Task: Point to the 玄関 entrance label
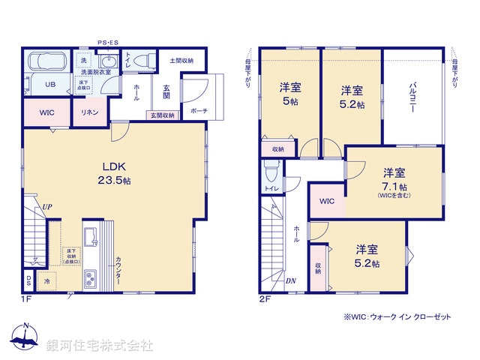coord(166,91)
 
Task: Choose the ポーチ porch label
coord(199,111)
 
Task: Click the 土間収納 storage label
coord(181,60)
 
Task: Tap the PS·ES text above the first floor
coord(106,43)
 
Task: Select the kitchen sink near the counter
coord(91,238)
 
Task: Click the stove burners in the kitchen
coord(91,278)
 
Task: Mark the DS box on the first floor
coord(28,281)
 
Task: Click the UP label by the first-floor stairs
coord(47,205)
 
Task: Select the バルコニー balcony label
coord(412,97)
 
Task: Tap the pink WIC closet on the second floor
coord(326,202)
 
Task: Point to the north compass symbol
coord(25,339)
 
